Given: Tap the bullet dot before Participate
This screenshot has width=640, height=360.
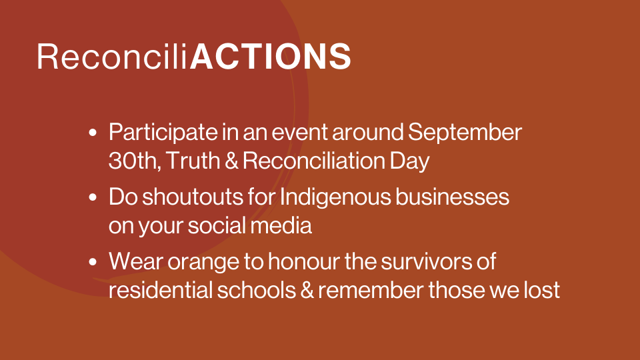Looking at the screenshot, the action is (93, 133).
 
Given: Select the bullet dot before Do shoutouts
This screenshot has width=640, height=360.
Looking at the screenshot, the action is (93, 197).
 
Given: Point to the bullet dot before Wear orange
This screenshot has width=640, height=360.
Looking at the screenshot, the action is (93, 261).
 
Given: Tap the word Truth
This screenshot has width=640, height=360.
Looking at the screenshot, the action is (193, 161).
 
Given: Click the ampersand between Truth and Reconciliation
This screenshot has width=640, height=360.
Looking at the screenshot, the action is (231, 161).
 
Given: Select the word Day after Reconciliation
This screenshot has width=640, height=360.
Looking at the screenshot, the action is (409, 161).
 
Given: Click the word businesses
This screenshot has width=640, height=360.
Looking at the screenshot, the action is (452, 197).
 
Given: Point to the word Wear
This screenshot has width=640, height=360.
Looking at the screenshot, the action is (136, 261).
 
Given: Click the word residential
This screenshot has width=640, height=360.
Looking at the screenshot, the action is (161, 290).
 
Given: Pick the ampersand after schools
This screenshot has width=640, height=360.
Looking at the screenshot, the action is (307, 290).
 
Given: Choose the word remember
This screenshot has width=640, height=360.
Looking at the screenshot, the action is (371, 290).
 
